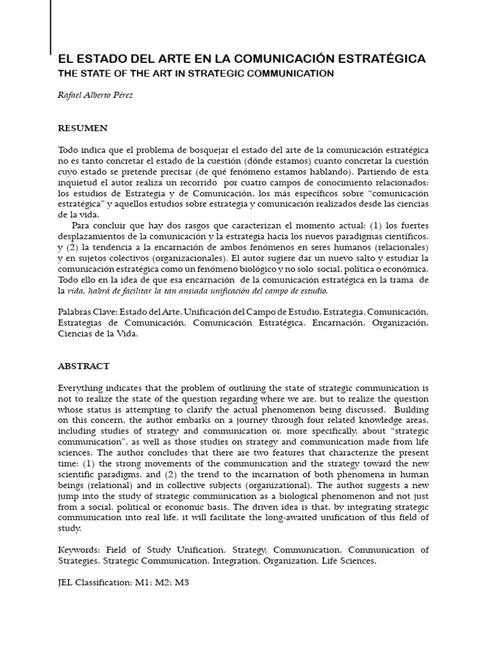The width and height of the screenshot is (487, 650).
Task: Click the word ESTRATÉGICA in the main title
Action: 380,58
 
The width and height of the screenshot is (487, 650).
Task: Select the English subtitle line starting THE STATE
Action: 196,73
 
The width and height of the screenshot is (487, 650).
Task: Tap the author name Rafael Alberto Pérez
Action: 96,95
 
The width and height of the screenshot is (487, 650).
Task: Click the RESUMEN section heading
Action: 83,128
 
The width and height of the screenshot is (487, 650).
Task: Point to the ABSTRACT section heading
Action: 84,366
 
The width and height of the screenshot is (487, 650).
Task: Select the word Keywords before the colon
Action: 79,550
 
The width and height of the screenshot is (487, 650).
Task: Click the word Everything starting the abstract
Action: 82,388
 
